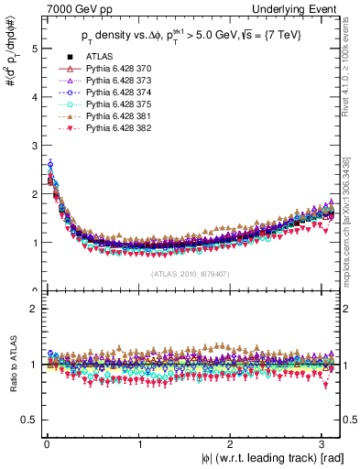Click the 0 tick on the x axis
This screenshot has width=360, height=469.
pyautogui.click(x=46, y=444)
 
